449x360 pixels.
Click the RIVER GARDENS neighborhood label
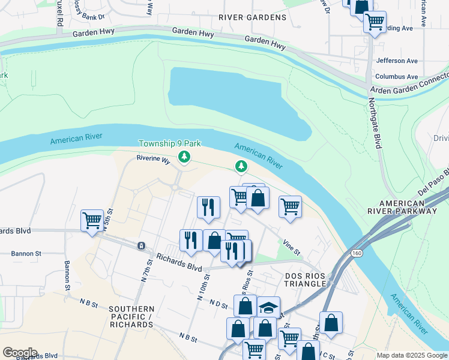point(252,17)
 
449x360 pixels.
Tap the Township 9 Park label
point(169,144)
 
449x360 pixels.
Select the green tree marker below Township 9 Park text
point(184,157)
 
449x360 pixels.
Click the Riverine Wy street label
point(153,158)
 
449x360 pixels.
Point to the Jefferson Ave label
point(396,61)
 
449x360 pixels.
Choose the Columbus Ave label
point(396,77)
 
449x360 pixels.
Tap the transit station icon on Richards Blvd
point(141,246)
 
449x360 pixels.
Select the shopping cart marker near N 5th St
point(92,220)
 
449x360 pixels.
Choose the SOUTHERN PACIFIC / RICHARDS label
point(131,317)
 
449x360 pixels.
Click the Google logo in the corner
point(20,353)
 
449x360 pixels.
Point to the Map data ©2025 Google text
point(411,356)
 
